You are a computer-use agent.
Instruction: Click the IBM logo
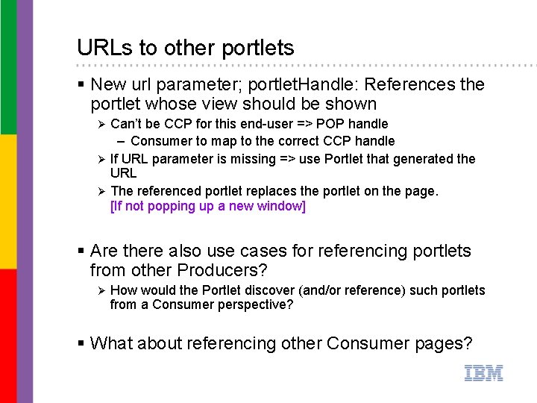tap(483, 373)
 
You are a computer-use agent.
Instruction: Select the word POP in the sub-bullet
tap(331, 123)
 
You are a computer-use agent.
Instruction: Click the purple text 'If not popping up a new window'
tap(208, 206)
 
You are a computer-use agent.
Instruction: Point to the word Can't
tap(126, 123)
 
